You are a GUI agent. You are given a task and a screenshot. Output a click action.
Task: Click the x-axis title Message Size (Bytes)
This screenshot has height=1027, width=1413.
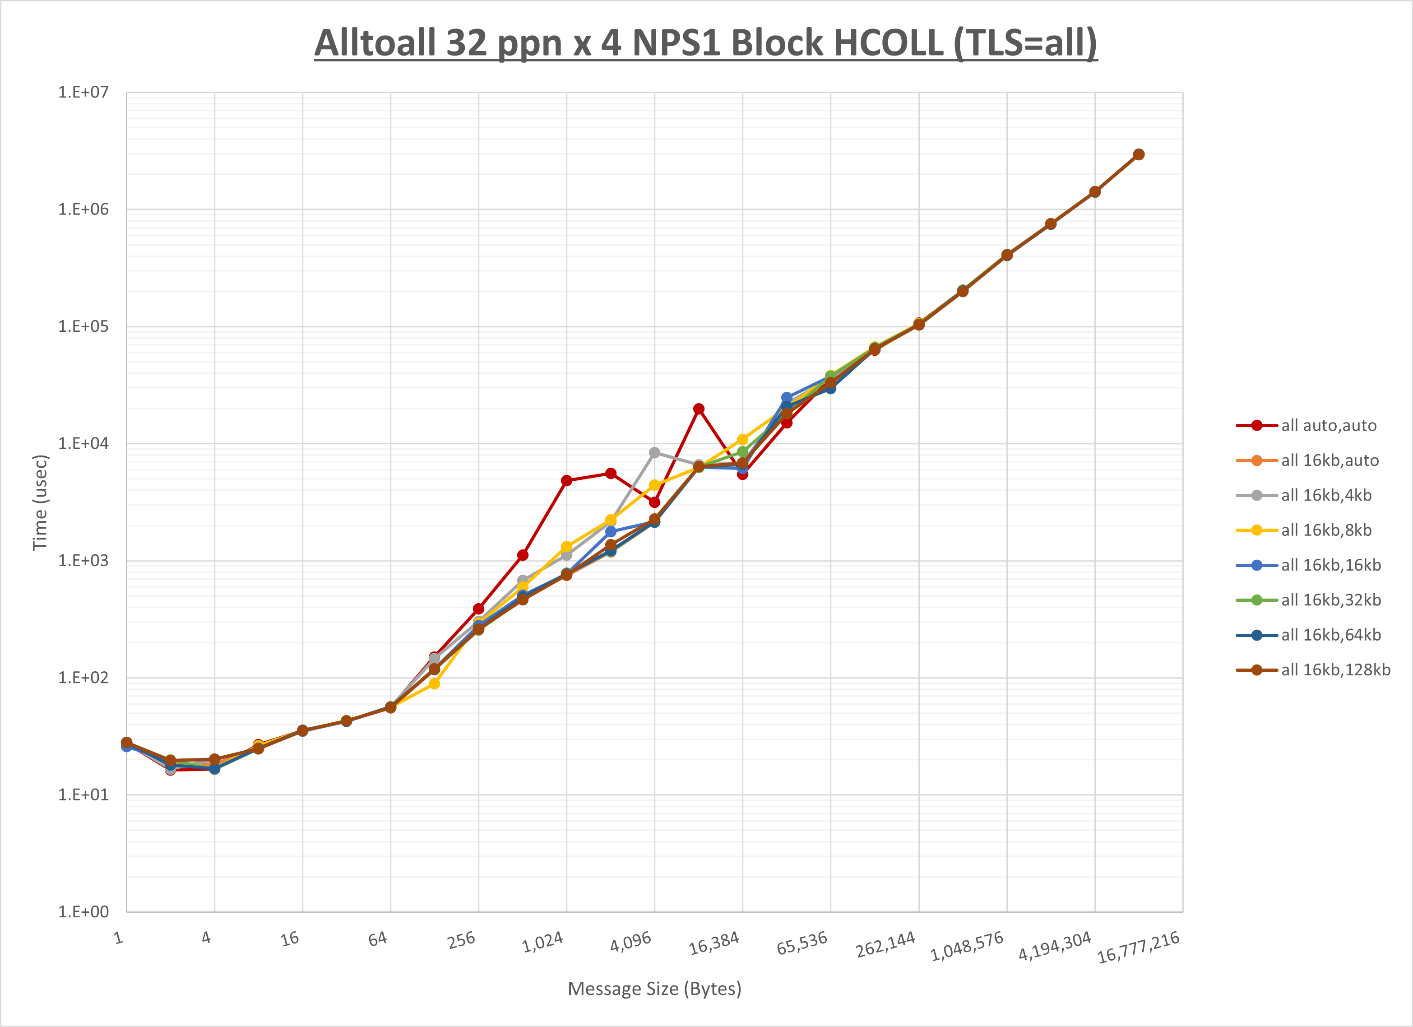[x=654, y=989]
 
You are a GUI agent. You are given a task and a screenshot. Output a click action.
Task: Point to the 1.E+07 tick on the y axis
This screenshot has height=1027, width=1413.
[x=83, y=92]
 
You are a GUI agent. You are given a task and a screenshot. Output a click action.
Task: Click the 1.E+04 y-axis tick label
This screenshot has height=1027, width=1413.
[x=83, y=444]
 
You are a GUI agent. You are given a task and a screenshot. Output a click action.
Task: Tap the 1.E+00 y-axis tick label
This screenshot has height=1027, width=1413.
[x=83, y=912]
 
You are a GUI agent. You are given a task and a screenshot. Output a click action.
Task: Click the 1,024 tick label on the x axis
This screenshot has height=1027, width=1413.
[x=542, y=942]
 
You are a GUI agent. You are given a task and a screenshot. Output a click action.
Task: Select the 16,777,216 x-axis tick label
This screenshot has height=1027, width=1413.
[x=1138, y=947]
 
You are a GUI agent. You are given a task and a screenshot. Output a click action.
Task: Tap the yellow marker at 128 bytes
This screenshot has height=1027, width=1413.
[x=434, y=683]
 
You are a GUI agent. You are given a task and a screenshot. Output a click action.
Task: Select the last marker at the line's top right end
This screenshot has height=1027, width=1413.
[x=1138, y=154]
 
